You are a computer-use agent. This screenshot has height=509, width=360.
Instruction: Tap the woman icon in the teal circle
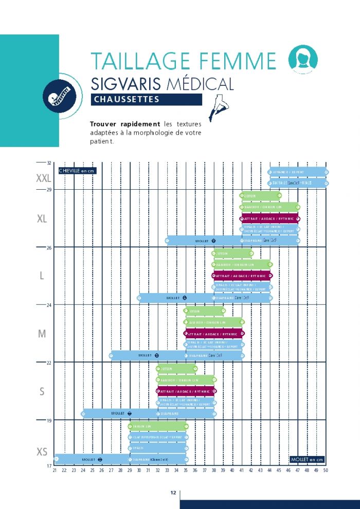click(x=302, y=58)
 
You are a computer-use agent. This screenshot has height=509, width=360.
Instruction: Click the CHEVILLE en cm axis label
click(x=78, y=170)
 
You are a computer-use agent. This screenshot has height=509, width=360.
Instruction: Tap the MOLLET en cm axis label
click(x=307, y=459)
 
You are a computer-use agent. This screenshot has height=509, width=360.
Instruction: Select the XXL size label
click(x=43, y=178)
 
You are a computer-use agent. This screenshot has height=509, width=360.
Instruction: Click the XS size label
click(x=42, y=452)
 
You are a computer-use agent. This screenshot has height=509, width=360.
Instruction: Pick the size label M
click(x=42, y=334)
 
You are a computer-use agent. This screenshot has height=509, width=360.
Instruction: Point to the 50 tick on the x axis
click(x=326, y=470)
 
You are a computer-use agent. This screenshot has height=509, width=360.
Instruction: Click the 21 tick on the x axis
click(x=55, y=470)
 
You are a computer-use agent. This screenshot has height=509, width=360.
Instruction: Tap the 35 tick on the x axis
click(x=186, y=470)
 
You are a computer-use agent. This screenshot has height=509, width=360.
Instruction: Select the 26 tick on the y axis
click(x=49, y=247)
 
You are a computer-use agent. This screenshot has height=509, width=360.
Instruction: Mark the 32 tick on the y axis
click(x=49, y=163)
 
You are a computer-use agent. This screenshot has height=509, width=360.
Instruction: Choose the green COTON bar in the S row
click(x=176, y=369)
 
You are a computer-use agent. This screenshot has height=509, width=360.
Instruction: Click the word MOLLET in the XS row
click(x=89, y=459)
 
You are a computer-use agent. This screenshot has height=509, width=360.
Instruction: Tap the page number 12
click(x=173, y=493)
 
